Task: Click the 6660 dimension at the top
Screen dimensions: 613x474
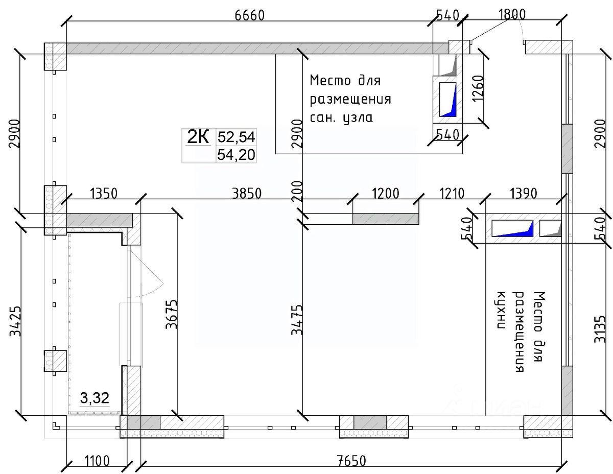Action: click(250, 15)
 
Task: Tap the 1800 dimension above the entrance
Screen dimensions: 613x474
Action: click(512, 14)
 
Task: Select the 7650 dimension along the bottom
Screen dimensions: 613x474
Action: click(351, 461)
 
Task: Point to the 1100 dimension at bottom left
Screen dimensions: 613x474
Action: click(97, 461)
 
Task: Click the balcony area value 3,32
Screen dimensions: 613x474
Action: click(95, 398)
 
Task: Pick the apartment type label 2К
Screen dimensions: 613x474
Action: click(198, 137)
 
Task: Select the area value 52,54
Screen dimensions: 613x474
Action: click(237, 137)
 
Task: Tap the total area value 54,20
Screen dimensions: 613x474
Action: click(237, 155)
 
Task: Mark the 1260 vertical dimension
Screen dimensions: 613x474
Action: click(478, 88)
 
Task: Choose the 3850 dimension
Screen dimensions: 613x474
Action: click(247, 194)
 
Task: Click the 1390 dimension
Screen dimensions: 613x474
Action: click(524, 194)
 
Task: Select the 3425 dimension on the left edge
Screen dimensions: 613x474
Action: click(15, 321)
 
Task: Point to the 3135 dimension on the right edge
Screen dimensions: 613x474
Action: click(600, 329)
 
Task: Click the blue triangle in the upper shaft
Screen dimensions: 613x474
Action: click(451, 104)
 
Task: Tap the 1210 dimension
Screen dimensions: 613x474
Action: click(452, 194)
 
